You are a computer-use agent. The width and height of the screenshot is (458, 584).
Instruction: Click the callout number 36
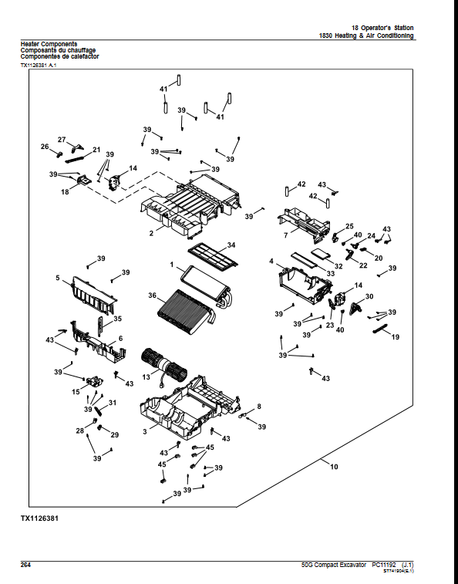coord(153,295)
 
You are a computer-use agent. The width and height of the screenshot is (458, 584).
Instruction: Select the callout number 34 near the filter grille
coord(231,245)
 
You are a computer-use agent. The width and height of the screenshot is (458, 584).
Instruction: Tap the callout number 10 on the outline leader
coord(334,467)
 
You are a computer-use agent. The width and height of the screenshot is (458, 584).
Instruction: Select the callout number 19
coord(396,337)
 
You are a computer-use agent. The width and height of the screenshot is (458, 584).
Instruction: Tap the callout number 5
coord(57,277)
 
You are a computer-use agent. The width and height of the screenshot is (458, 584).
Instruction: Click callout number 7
coord(285,235)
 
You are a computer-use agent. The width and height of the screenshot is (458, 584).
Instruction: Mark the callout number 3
coord(144,432)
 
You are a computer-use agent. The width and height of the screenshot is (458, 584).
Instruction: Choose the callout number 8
coord(258,406)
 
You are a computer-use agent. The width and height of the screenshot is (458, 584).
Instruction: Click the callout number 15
coord(76,392)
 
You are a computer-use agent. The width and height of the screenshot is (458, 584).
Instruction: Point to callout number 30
coord(369,297)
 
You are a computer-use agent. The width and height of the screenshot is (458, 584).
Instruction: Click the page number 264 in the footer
coord(25,565)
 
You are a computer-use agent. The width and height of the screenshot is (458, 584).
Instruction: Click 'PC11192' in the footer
coord(385,565)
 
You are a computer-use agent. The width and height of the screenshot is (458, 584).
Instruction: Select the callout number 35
coord(118,319)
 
